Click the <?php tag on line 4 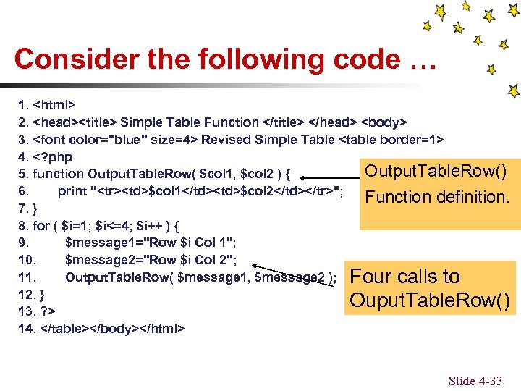coord(52,157)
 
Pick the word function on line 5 coord(59,175)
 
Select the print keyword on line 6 coord(72,191)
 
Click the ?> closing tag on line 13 coord(48,311)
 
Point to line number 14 coord(25,329)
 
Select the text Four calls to coord(404,277)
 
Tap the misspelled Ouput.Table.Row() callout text coord(431,300)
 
